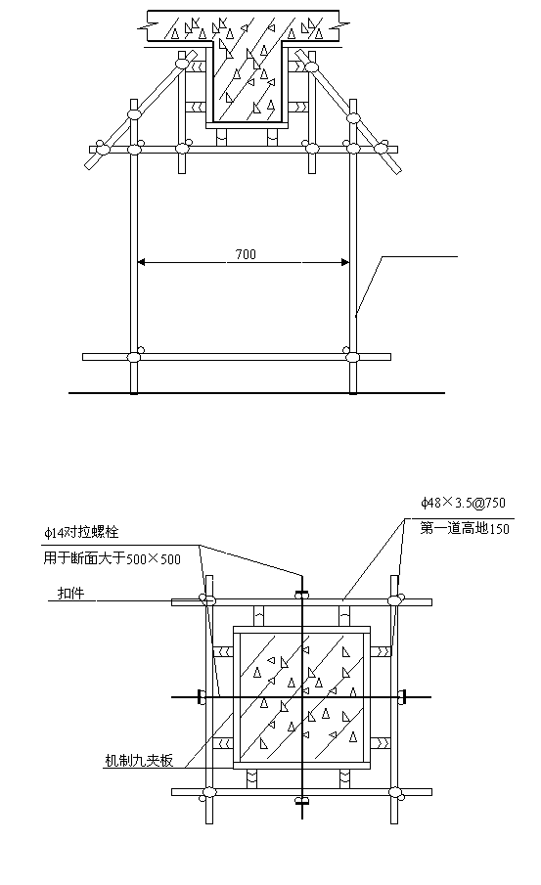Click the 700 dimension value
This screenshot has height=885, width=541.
click(x=246, y=254)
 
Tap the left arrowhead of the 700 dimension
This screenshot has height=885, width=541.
click(x=142, y=262)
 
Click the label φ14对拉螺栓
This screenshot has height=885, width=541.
click(x=81, y=532)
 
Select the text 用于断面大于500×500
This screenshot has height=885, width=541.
click(x=113, y=558)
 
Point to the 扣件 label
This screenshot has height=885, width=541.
click(x=71, y=594)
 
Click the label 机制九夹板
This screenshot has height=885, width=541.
click(x=139, y=760)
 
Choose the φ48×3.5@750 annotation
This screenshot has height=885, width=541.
click(x=463, y=502)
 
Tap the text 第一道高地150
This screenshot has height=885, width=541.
click(x=464, y=528)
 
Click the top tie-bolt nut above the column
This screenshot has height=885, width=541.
click(x=302, y=594)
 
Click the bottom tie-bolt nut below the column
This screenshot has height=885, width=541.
click(x=302, y=800)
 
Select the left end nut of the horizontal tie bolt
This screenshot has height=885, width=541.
click(x=200, y=697)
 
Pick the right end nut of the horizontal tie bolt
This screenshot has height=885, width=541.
click(x=403, y=697)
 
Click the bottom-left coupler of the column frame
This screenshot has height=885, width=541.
click(x=208, y=793)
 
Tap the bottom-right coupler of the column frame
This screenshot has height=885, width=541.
click(x=395, y=793)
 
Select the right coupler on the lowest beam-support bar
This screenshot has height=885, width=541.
click(x=351, y=357)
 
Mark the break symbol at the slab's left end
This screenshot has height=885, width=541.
click(x=148, y=25)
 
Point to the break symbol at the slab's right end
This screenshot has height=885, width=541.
click(x=340, y=25)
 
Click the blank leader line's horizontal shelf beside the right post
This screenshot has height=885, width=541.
click(x=420, y=257)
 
